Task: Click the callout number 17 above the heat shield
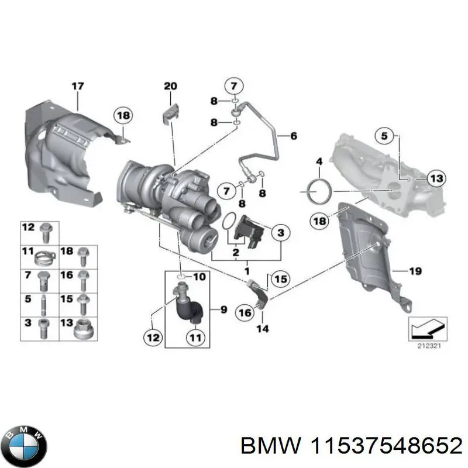coord(78,87)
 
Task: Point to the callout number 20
coord(170,87)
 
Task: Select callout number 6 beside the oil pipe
coord(293,136)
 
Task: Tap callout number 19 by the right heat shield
coord(415,270)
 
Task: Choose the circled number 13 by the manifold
coord(436,178)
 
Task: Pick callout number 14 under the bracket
coord(263,329)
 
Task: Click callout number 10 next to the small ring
coord(199,276)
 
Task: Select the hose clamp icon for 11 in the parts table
coord(44,254)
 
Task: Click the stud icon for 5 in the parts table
coord(44,304)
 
